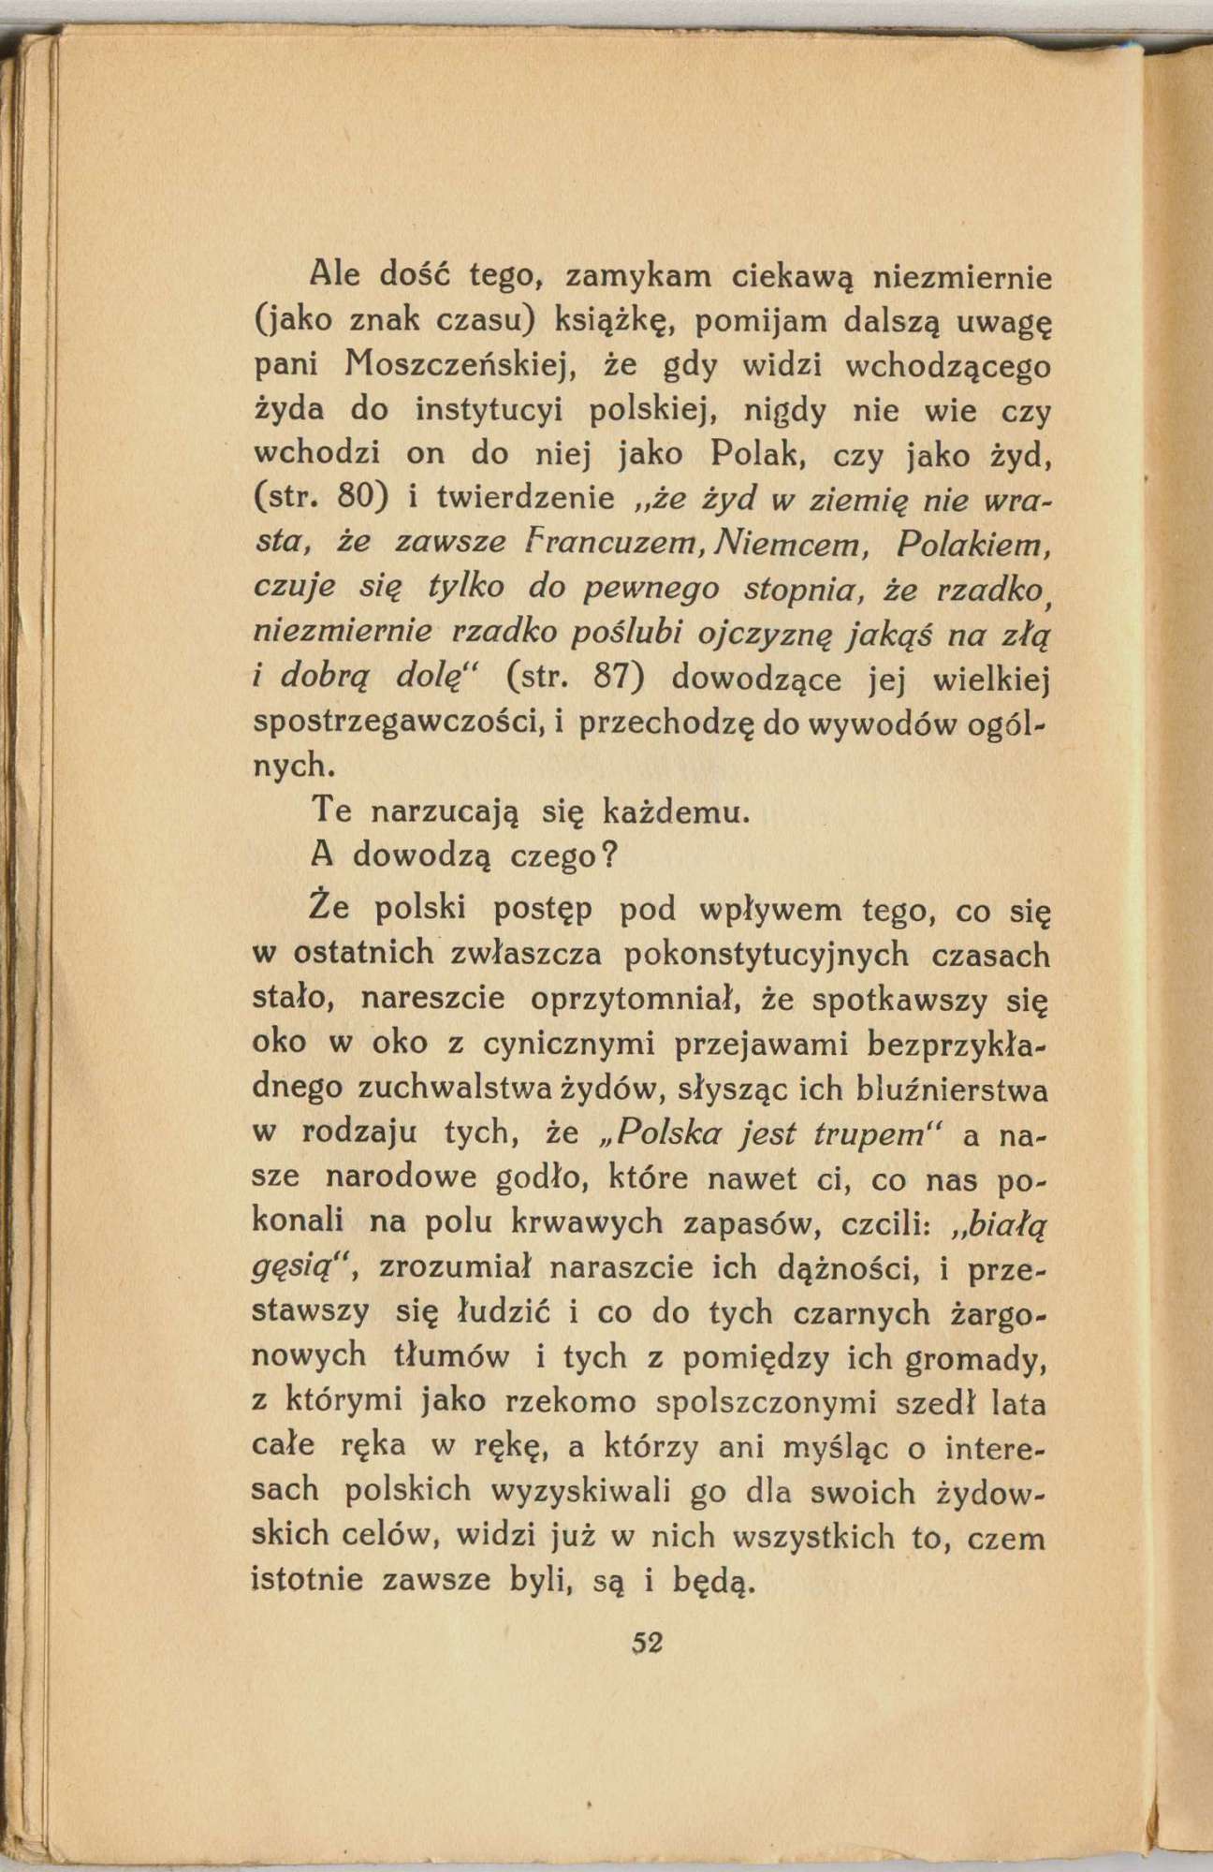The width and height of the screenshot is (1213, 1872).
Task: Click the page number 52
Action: [647, 1643]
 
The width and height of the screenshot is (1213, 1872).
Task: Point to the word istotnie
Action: [309, 1582]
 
